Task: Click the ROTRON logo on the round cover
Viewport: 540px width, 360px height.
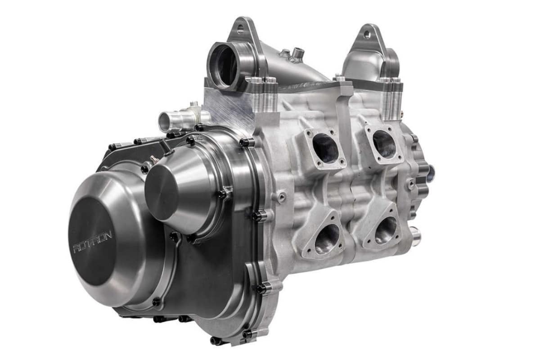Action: [93, 242]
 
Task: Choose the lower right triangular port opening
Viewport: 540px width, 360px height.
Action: [386, 229]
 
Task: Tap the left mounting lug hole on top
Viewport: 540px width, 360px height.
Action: [238, 30]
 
